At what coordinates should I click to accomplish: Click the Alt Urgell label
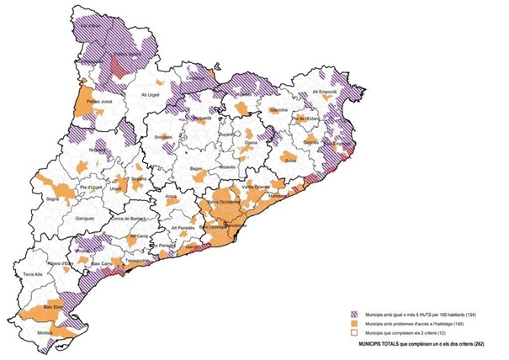151,95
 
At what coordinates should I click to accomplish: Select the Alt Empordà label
324,91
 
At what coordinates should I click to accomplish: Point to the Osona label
250,143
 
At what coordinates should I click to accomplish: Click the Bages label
198,169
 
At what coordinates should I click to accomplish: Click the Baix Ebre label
52,309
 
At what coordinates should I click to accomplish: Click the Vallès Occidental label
225,203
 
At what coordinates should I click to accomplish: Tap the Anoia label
171,196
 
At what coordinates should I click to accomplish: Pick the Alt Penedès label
183,229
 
